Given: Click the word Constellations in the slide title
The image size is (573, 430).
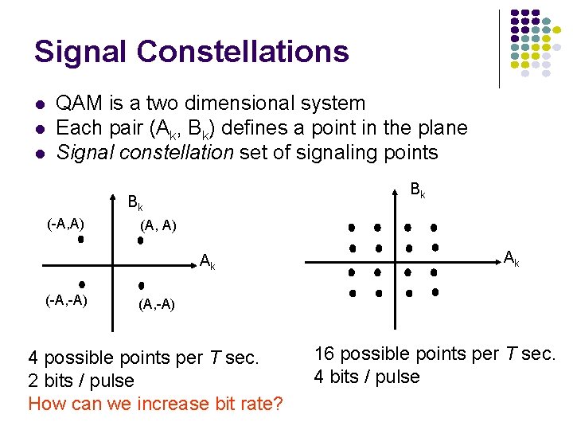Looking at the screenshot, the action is (243, 52).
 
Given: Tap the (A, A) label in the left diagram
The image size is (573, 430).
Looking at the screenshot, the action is (158, 226).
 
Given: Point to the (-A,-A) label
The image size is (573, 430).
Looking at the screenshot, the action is (66, 299).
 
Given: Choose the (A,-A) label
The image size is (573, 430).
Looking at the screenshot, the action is (157, 304).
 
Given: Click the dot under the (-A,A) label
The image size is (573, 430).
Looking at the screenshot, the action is (80, 238).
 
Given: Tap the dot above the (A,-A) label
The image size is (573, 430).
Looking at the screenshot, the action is (141, 284).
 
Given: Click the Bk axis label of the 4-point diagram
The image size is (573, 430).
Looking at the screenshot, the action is (135, 202).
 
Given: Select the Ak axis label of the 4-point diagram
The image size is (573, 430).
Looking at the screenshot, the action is (207, 260).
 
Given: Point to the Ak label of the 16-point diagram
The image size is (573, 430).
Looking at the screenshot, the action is (511, 257).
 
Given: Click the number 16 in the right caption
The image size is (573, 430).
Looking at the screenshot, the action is (325, 354).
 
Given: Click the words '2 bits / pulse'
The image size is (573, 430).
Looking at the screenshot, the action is (81, 381).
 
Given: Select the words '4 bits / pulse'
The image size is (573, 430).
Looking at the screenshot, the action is (367, 377).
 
